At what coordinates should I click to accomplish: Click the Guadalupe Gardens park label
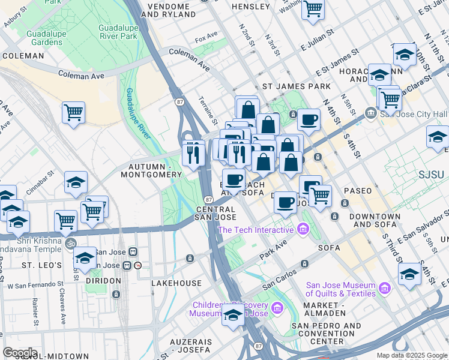tap(46, 38)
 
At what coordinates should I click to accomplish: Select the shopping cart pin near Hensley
tap(313, 10)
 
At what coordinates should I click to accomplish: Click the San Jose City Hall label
tap(414, 113)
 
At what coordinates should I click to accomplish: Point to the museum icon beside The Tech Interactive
tap(303, 229)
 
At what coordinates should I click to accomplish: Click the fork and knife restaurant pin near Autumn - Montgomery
tap(193, 155)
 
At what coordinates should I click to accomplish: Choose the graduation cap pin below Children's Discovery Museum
tap(233, 316)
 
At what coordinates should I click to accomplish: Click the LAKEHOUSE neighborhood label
tap(176, 283)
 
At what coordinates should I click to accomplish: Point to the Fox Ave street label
tap(206, 38)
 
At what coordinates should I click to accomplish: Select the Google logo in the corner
tap(20, 353)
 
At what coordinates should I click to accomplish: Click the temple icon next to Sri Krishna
tap(69, 244)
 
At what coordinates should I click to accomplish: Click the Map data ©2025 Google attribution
tap(411, 355)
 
